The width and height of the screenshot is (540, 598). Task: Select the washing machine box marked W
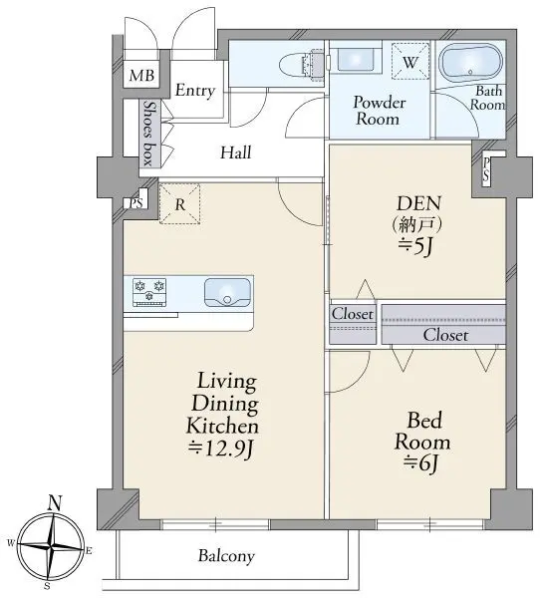pos(410,62)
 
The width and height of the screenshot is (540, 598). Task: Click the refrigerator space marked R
pos(180,204)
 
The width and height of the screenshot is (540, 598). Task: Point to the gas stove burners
pos(149,292)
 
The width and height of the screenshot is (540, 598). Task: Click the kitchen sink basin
pos(228,293)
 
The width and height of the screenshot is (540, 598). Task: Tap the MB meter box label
pos(141,75)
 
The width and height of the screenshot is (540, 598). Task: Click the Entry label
pos(195,91)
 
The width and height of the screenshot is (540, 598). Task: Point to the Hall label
pos(236,152)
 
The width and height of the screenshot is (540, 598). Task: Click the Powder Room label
pos(379,111)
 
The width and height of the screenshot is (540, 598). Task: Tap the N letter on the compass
pos(55,503)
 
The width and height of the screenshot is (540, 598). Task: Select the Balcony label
pos(226,556)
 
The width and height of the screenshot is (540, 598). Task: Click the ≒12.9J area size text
pos(221,449)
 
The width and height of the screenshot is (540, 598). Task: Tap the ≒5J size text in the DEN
pos(415,247)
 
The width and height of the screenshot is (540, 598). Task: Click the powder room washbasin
pos(356,59)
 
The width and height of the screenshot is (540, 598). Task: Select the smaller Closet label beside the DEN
pos(353,314)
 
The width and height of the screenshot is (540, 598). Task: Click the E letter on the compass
pos(89,550)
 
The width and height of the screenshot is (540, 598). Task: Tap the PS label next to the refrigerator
pos(136,203)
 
